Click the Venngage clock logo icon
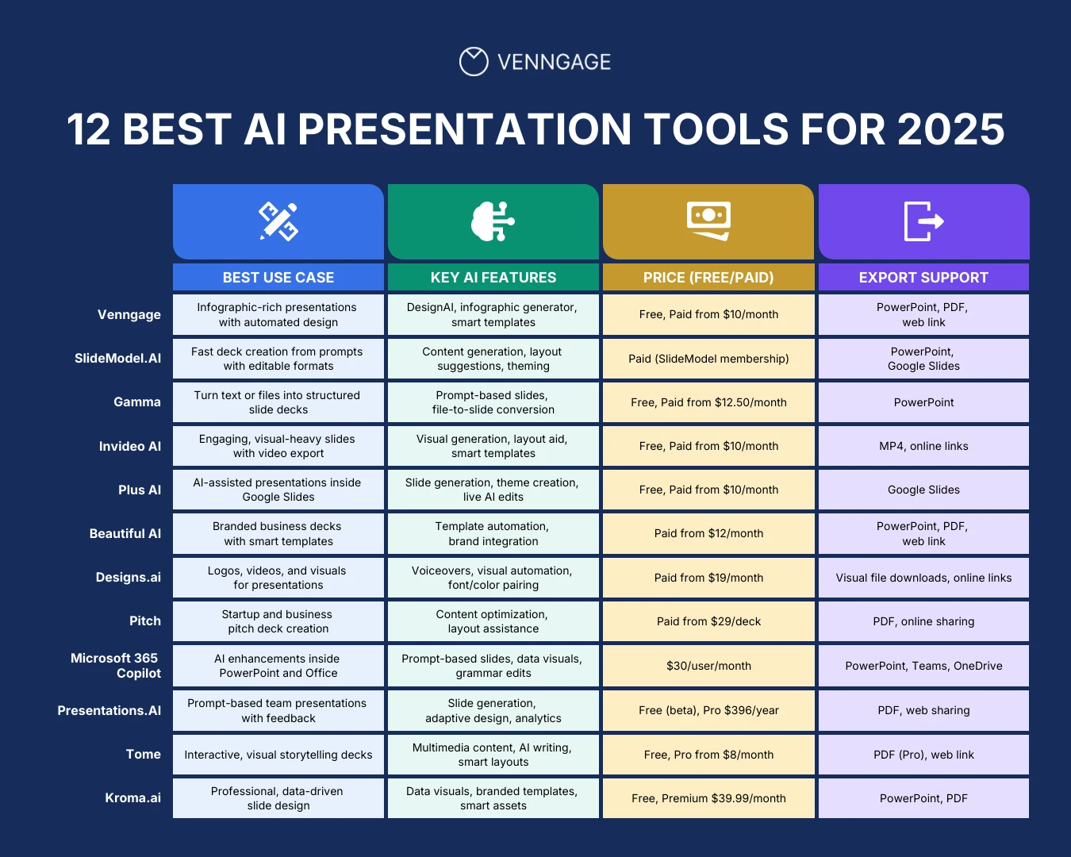(474, 62)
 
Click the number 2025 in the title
(950, 129)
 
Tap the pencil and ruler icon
(278, 221)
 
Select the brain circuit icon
(493, 221)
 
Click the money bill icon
(708, 221)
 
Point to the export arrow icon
(923, 221)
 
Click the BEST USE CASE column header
(278, 278)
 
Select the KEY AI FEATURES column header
(493, 278)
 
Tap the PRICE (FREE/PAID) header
(708, 278)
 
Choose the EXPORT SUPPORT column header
(923, 278)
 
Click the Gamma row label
(136, 402)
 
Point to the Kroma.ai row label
(132, 798)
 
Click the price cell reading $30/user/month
(708, 666)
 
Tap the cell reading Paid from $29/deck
(708, 621)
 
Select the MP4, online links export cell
(923, 446)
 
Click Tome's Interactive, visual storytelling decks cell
(278, 755)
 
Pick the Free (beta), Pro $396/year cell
(708, 710)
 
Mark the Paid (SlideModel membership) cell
(708, 359)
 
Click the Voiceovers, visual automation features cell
(493, 578)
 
